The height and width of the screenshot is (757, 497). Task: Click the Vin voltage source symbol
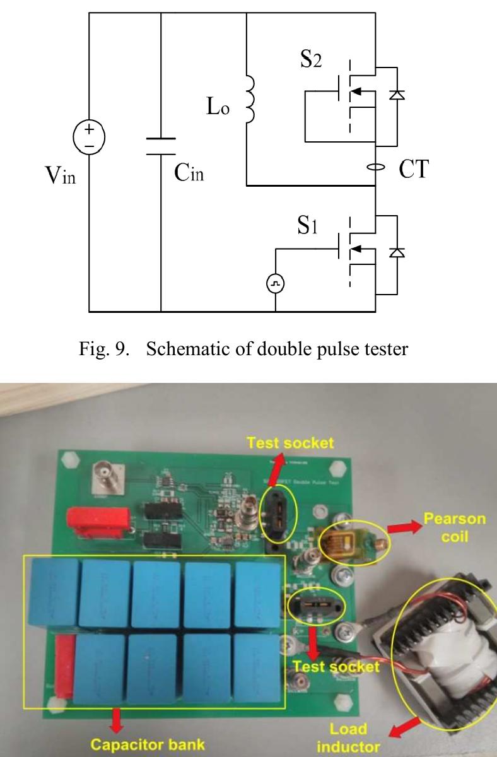coord(89,138)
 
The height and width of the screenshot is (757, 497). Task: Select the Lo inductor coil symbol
coord(249,101)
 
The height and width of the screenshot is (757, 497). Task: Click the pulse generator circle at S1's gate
coord(276,285)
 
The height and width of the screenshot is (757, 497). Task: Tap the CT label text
coord(412,169)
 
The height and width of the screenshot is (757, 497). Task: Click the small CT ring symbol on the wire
coord(376,168)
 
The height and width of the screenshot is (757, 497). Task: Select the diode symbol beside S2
coord(397,95)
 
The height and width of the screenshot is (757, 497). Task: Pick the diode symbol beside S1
coord(397,252)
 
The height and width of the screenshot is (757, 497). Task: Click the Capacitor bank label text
coord(148,744)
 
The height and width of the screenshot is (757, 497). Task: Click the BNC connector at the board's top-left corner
coord(103,474)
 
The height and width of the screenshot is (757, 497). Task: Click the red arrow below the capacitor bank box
coord(115,720)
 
